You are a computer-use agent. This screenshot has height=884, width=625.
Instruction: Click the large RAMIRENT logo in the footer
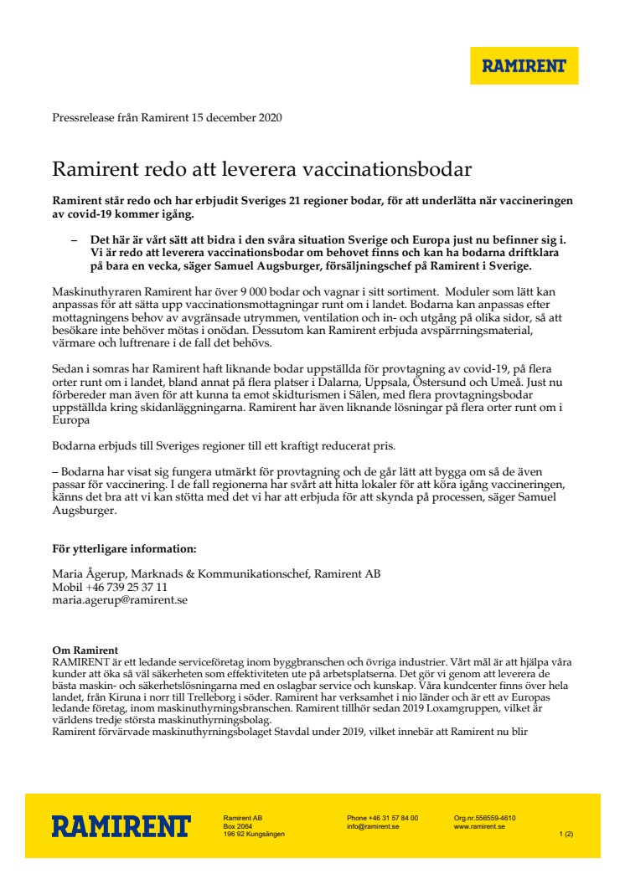121,826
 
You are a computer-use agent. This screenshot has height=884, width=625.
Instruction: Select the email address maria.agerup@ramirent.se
120,600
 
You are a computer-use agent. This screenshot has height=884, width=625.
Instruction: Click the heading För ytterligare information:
124,549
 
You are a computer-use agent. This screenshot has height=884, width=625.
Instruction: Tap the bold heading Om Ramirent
85,650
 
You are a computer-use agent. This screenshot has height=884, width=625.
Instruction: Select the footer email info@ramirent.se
373,826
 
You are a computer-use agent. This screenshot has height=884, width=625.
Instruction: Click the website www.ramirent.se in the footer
479,826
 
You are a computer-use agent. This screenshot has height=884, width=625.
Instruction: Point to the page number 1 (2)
566,834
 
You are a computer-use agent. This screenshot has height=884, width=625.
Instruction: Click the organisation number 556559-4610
497,818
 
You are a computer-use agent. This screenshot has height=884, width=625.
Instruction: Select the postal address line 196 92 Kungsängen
254,834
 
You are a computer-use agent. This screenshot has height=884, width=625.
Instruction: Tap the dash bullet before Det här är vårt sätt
75,239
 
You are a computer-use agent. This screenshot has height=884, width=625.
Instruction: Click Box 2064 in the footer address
238,826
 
